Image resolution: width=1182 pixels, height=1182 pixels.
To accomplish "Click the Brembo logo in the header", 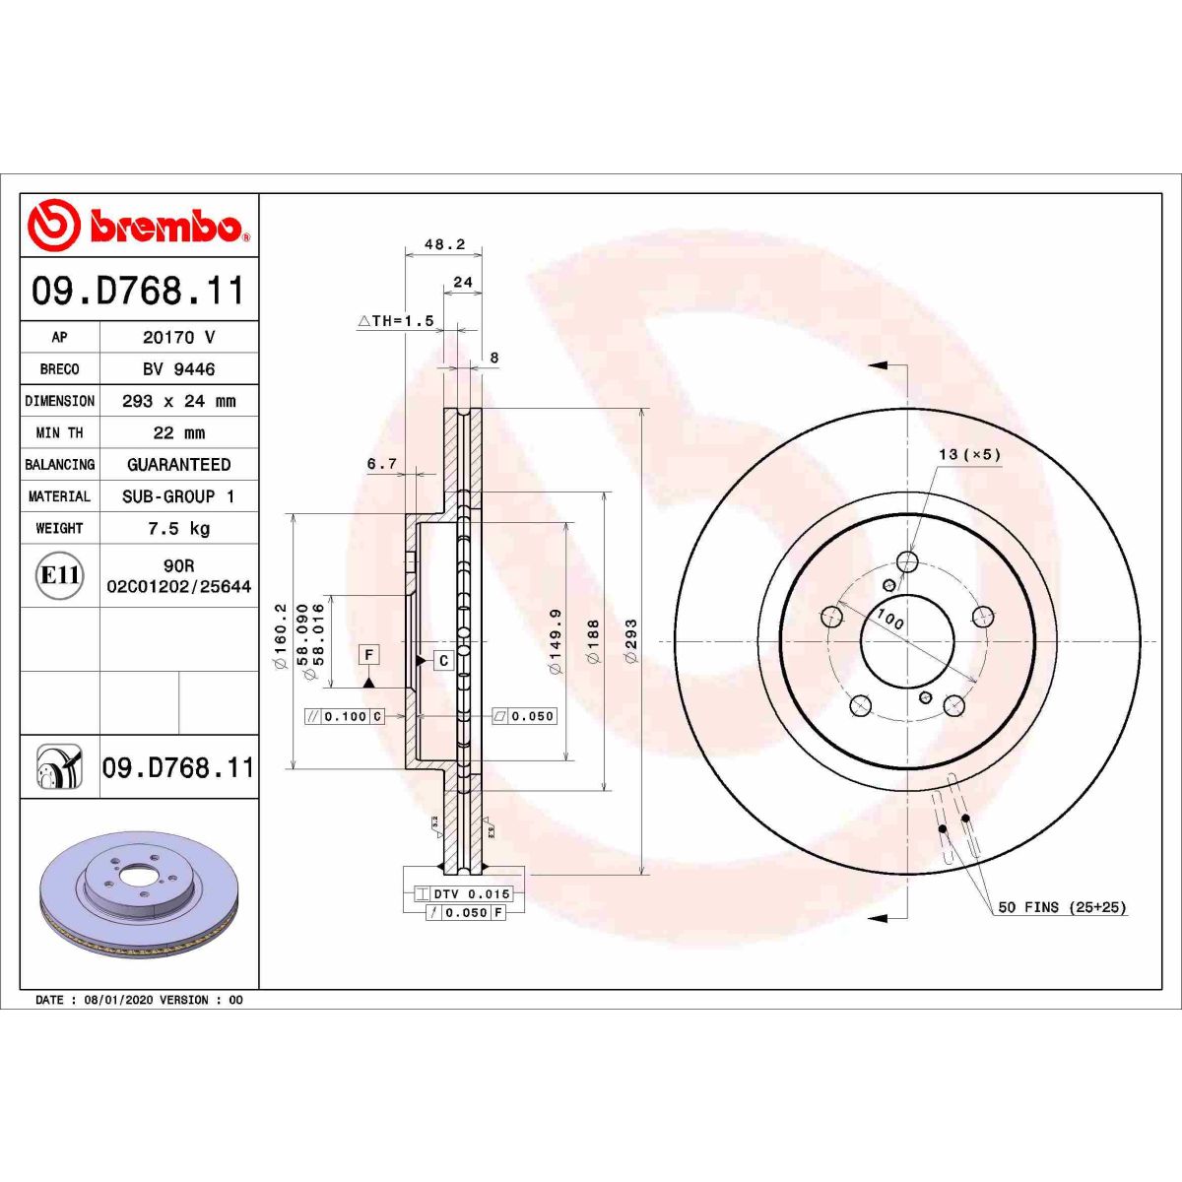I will (138, 226).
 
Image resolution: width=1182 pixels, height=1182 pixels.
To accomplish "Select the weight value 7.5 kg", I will (178, 529).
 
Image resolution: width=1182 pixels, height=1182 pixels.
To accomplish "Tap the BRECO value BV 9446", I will (178, 369).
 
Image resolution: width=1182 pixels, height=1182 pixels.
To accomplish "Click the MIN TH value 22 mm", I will (178, 433).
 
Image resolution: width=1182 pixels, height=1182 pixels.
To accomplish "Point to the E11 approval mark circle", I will (60, 575).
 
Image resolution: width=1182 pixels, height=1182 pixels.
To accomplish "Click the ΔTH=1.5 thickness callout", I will (396, 321).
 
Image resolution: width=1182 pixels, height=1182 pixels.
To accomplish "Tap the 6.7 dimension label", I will (381, 463).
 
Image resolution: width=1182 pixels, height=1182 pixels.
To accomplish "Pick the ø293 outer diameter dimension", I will (631, 640).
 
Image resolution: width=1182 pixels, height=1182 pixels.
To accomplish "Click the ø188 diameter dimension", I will (593, 640).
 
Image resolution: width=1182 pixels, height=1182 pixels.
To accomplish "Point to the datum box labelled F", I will (369, 655).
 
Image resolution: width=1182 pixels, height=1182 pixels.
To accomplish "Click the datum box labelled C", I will (443, 660).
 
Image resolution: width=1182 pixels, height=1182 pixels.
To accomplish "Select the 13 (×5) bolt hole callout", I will (969, 454).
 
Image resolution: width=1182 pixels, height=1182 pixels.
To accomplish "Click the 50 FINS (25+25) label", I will (1062, 907).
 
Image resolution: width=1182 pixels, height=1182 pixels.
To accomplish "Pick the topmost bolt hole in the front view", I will (906, 562).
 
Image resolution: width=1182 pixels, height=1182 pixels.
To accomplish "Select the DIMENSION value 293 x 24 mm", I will (178, 402).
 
